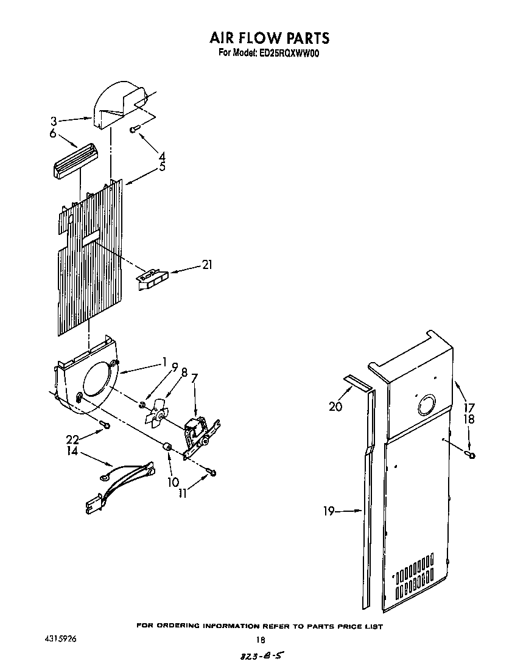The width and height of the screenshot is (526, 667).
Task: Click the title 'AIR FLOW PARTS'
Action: tap(269, 38)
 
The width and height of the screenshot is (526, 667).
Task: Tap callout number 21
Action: tap(208, 265)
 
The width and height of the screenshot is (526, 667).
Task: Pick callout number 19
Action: tap(329, 511)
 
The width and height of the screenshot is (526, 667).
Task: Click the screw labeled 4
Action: tap(135, 128)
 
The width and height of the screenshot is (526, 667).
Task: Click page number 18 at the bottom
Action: tap(261, 640)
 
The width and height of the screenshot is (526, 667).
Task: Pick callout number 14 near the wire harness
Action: tap(72, 452)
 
